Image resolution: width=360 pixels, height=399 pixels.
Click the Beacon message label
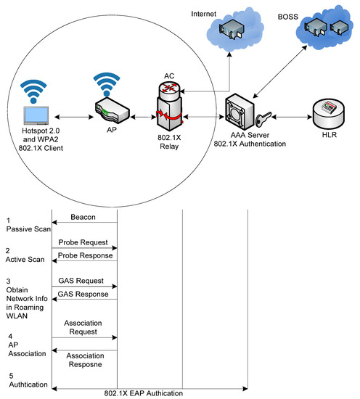point(84,217)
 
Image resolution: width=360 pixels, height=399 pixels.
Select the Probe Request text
point(83,242)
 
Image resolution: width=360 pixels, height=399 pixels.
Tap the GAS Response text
point(83,295)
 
